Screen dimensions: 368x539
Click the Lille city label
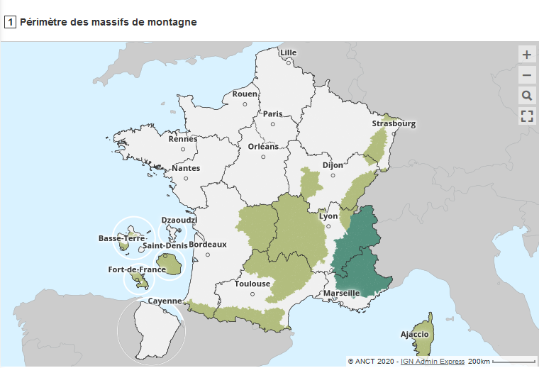pos(289,52)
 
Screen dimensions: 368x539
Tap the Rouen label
pos(245,94)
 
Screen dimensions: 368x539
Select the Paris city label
pos(273,113)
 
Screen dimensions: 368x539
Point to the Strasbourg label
pos(394,123)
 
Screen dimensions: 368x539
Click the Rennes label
pos(182,139)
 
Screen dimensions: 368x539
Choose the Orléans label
pos(263,147)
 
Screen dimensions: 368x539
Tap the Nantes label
pos(186,168)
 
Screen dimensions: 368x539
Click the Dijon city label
pos(333,165)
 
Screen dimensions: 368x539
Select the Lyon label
pos(328,216)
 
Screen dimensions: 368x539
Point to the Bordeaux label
pos(208,245)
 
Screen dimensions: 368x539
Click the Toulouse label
pos(252,284)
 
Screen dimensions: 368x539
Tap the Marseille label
pos(342,293)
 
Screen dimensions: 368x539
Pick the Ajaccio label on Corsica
pos(414,334)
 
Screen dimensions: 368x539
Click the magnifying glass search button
pos(526,96)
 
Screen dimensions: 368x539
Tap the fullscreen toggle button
pos(526,116)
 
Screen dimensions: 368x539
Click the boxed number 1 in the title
pos(10,22)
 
